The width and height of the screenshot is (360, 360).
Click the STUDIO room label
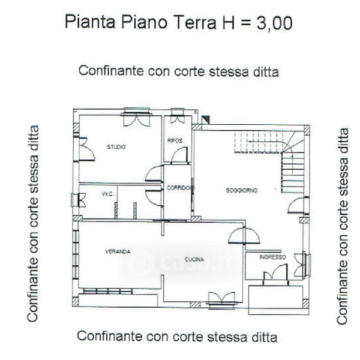116,147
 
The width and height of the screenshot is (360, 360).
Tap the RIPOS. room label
176,140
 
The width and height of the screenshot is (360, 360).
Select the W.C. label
107,194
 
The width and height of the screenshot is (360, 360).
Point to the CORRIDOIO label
181,188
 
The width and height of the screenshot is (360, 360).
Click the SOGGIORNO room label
242,190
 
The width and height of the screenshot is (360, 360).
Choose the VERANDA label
118,251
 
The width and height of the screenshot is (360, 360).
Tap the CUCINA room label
194,259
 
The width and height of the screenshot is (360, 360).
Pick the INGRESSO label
272,257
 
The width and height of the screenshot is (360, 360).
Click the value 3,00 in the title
275,23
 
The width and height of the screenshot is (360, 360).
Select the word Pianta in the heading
90,22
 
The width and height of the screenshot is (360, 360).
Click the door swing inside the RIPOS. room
179,155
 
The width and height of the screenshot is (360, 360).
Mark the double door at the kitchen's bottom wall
221,298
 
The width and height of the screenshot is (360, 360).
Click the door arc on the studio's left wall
87,149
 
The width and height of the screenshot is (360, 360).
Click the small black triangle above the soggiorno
206,120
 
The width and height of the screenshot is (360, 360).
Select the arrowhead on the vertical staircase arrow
292,156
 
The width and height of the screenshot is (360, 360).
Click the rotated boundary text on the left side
32,223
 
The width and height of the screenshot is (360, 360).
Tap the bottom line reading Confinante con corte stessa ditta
177,337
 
